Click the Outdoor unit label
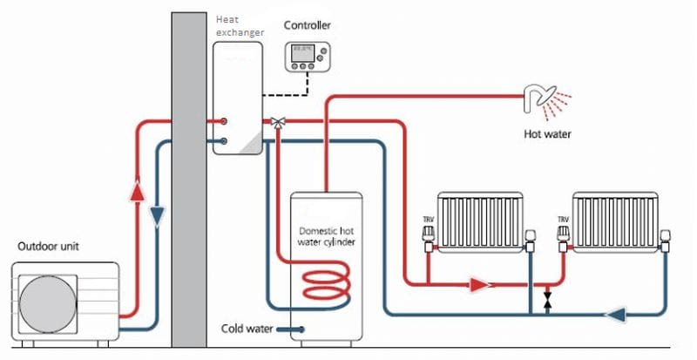[51, 247]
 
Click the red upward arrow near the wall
[137, 191]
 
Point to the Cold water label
[248, 329]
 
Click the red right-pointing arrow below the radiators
[478, 284]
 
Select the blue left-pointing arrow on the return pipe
[617, 311]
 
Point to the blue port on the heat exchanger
[225, 140]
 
